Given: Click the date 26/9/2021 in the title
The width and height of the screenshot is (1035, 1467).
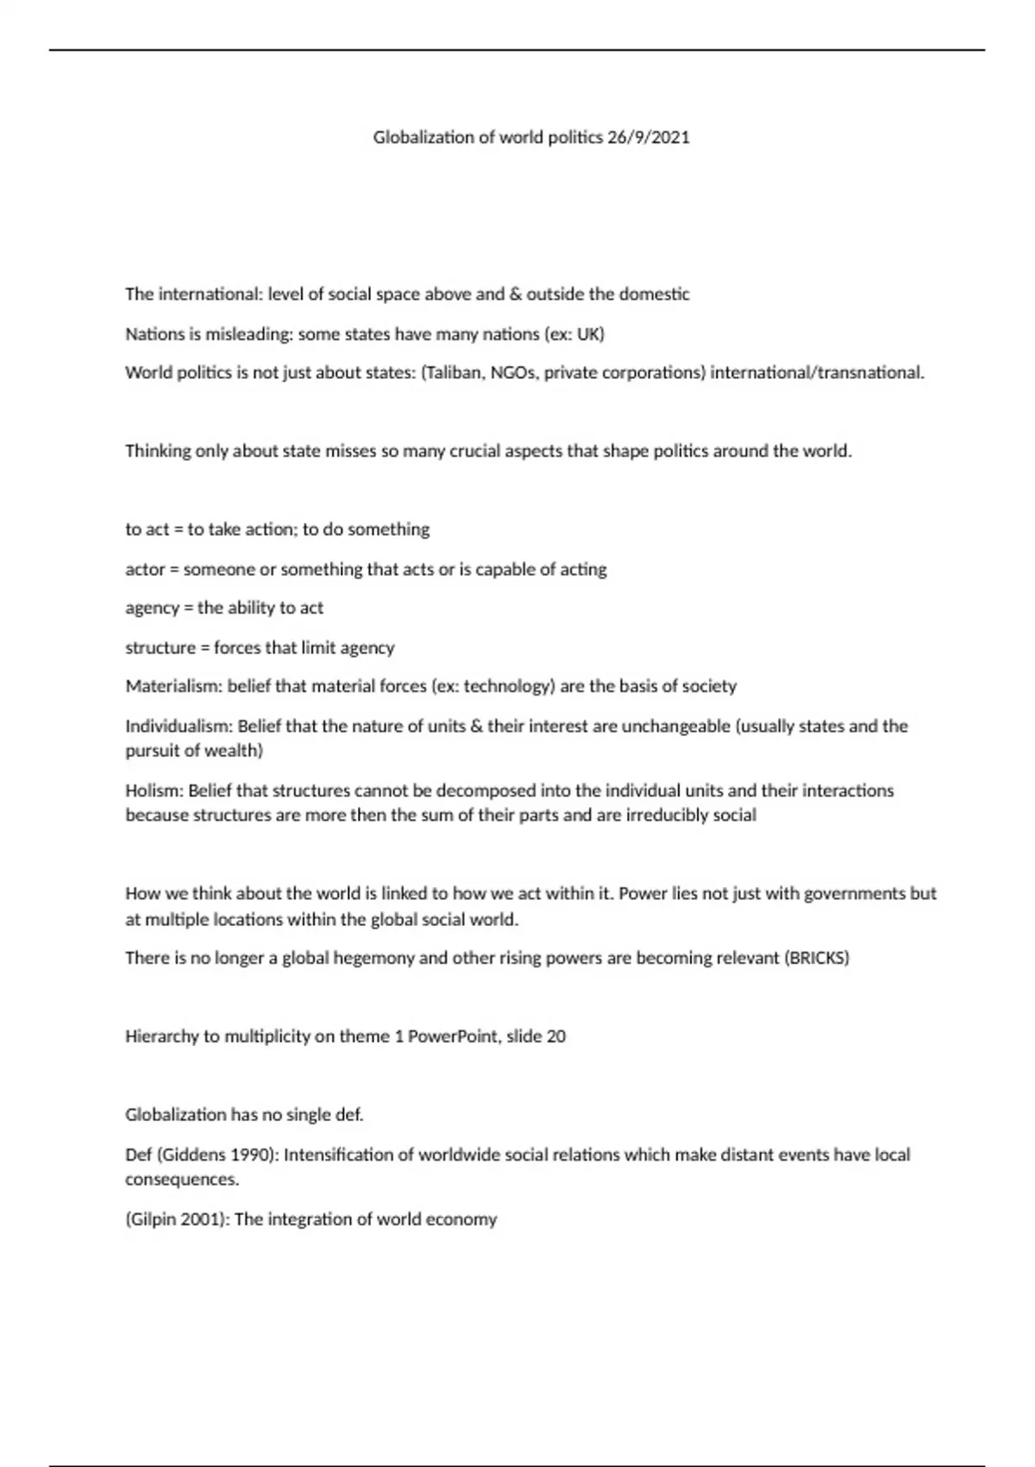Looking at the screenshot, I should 649,137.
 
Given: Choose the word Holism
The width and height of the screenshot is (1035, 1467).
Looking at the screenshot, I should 153,790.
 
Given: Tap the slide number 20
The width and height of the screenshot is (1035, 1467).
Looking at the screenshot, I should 556,1036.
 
